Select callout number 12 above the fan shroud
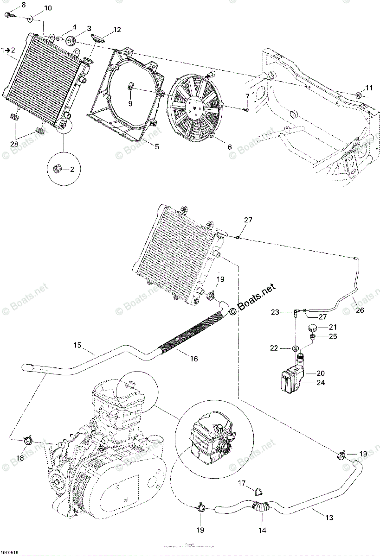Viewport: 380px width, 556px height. pyautogui.click(x=116, y=30)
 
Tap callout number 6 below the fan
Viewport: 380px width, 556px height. pyautogui.click(x=229, y=147)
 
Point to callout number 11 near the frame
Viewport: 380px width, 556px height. pyautogui.click(x=368, y=88)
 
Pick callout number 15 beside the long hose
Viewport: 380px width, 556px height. pyautogui.click(x=77, y=345)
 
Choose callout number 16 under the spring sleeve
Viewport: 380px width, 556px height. pyautogui.click(x=193, y=359)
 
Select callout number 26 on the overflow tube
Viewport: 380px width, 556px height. pyautogui.click(x=360, y=311)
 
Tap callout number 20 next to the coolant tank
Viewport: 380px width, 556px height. pyautogui.click(x=321, y=373)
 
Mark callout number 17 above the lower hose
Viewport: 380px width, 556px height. pyautogui.click(x=242, y=483)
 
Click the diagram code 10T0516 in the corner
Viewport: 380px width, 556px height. pyautogui.click(x=10, y=553)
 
